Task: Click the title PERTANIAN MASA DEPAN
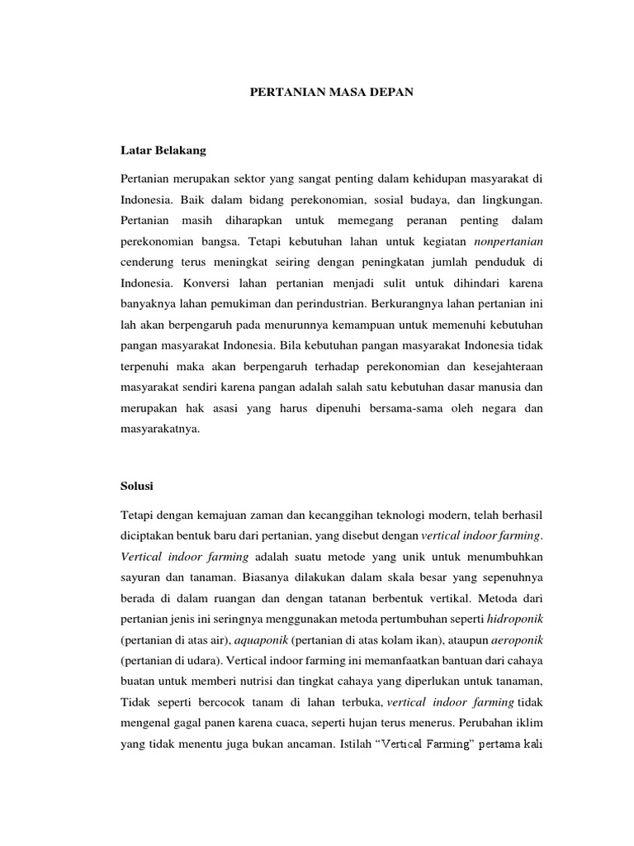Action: [332, 94]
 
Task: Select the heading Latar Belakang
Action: [163, 150]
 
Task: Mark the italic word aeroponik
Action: [517, 639]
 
